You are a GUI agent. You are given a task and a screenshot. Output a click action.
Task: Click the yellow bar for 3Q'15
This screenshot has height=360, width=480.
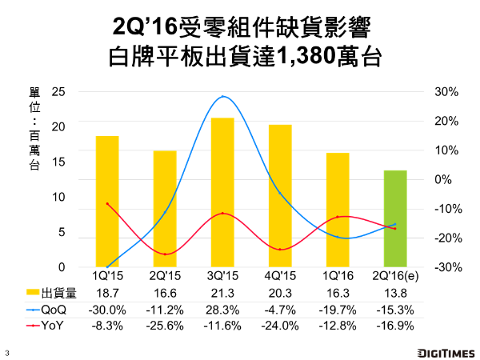point(222,192)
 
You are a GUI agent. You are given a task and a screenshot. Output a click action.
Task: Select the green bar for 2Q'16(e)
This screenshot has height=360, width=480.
point(395,218)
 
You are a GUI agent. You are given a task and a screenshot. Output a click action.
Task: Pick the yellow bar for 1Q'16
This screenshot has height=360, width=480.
point(338,210)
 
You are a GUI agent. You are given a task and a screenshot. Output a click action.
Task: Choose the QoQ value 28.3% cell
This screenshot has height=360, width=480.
point(222,310)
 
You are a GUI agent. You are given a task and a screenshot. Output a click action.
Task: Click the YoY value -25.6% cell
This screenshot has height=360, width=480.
point(165,326)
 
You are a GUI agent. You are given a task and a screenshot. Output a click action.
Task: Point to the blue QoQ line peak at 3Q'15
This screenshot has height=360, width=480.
point(222,97)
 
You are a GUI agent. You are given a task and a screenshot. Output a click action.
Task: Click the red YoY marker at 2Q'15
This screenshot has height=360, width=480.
point(165,254)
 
